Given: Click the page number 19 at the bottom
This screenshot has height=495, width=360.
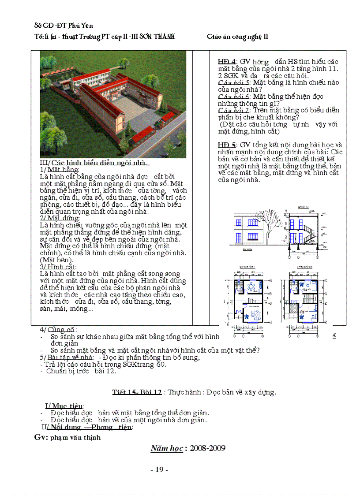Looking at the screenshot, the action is [159, 470].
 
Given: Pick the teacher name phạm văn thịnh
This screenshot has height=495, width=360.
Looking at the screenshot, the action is [75, 438].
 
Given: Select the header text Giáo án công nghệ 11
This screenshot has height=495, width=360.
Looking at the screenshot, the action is [237, 37].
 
